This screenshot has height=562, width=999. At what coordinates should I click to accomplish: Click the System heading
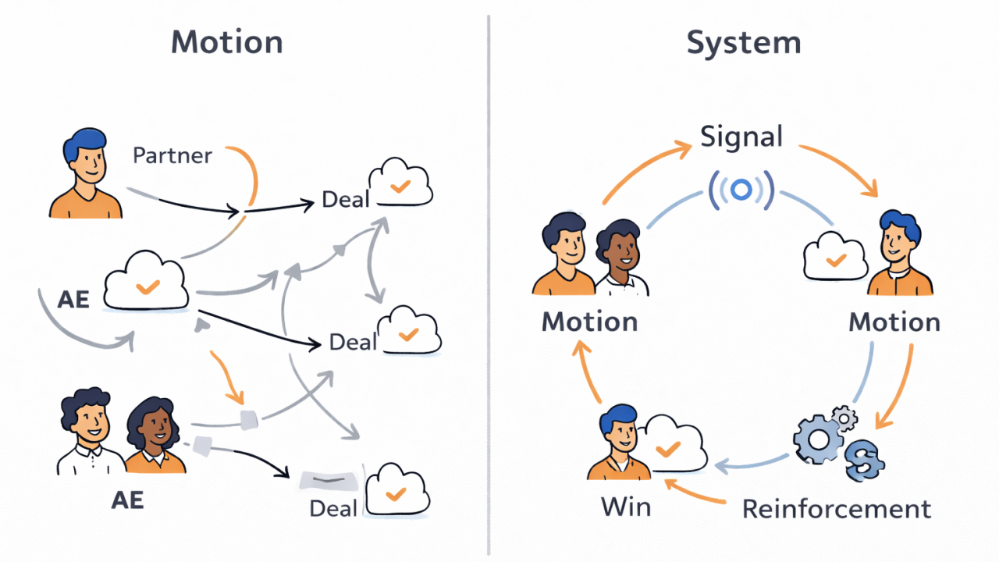click(744, 42)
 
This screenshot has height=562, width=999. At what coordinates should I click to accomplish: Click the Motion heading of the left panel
click(227, 42)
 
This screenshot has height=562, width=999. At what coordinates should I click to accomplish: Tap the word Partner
click(172, 155)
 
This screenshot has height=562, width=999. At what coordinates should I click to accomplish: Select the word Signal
click(741, 137)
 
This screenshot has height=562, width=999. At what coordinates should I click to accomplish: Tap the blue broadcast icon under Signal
click(741, 189)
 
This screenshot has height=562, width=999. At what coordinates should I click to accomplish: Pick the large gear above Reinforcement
click(818, 439)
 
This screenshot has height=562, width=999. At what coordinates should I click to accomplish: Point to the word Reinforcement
click(837, 509)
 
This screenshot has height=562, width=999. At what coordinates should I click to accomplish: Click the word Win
click(626, 507)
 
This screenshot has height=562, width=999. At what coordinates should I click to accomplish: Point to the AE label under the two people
click(127, 500)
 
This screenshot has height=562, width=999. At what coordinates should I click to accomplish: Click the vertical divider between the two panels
click(489, 281)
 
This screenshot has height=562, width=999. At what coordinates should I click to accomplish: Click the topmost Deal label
click(345, 201)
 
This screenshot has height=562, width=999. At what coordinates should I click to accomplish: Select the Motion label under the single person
click(894, 322)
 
